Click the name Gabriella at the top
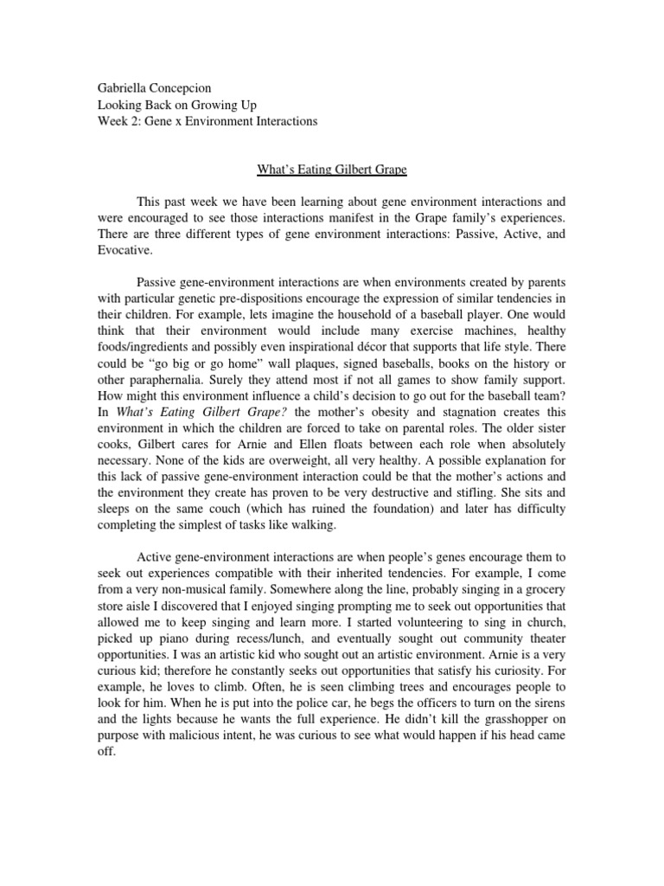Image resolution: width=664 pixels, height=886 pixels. [118, 88]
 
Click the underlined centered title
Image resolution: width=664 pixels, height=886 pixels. [331, 171]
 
